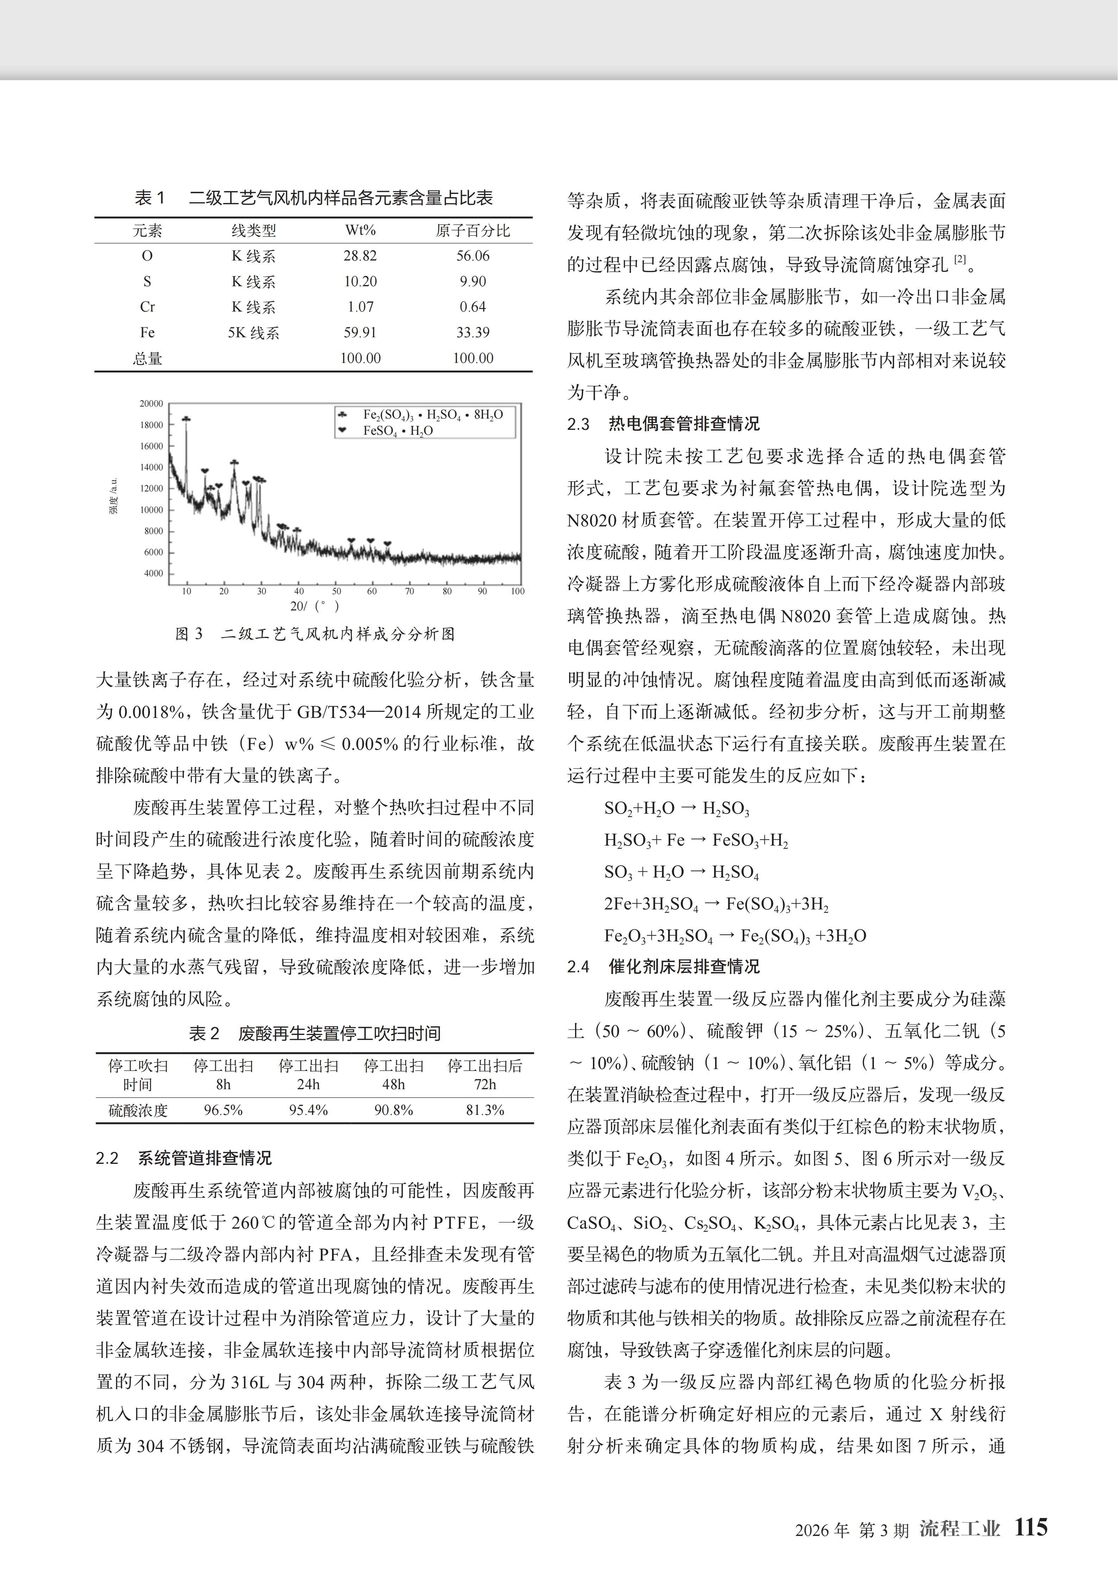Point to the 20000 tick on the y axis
click(151, 403)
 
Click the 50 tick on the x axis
click(336, 591)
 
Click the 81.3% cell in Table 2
click(485, 1110)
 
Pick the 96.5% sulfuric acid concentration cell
click(223, 1110)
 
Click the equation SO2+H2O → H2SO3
click(676, 808)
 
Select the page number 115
click(1031, 1527)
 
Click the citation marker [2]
click(960, 259)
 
